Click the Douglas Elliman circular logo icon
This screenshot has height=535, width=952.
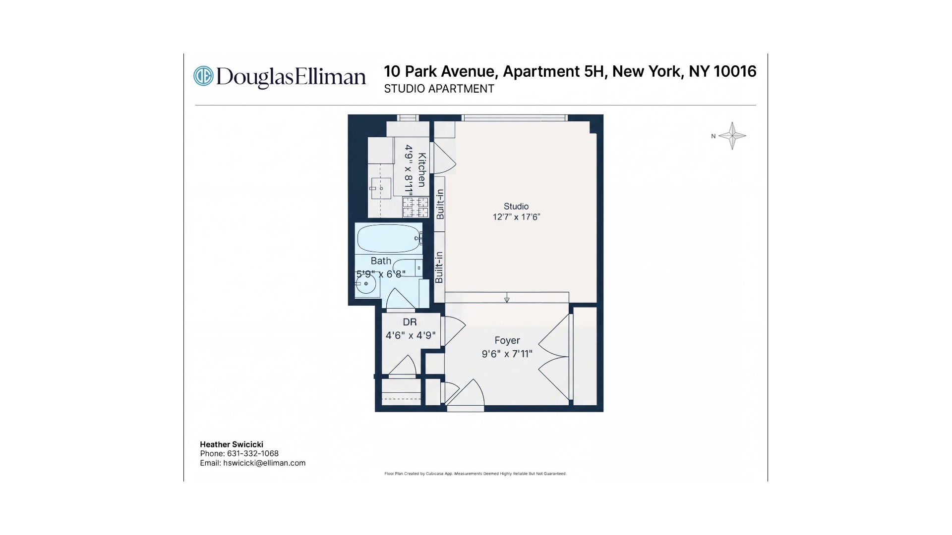[x=203, y=76]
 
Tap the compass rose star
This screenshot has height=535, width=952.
[x=732, y=136]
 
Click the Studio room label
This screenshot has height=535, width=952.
[x=516, y=206]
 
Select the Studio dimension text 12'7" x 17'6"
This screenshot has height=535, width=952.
[x=516, y=217]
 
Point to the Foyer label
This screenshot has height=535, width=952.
[x=507, y=340]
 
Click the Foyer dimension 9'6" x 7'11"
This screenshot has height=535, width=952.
[x=507, y=354]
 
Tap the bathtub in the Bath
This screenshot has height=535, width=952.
[x=390, y=239]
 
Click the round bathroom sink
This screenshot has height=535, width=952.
[x=366, y=283]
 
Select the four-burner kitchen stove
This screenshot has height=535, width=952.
[x=416, y=207]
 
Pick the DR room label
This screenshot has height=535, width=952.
[x=410, y=322]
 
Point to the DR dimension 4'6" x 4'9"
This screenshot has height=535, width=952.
[x=411, y=335]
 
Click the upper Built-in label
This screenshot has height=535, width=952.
[x=440, y=204]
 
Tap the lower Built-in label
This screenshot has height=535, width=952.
[x=439, y=267]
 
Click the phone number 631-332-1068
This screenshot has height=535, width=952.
[x=253, y=453]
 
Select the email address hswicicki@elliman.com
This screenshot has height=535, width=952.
[x=264, y=463]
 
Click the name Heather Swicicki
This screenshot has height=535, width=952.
[x=232, y=444]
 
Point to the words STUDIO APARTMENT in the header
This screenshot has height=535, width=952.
[x=439, y=89]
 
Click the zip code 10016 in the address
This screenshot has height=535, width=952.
[x=735, y=71]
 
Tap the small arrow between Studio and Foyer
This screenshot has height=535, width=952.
[x=507, y=298]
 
